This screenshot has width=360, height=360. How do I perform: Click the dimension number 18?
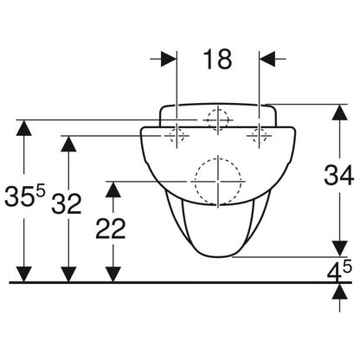[217, 59]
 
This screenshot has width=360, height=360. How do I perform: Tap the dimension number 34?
[339, 175]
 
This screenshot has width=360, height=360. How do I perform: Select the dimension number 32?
[67, 203]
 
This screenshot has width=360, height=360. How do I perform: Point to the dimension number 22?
[111, 228]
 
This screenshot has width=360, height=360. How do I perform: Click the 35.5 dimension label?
[25, 196]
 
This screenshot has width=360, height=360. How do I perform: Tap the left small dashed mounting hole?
[177, 135]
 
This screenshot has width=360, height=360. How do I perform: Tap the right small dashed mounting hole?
[260, 135]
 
